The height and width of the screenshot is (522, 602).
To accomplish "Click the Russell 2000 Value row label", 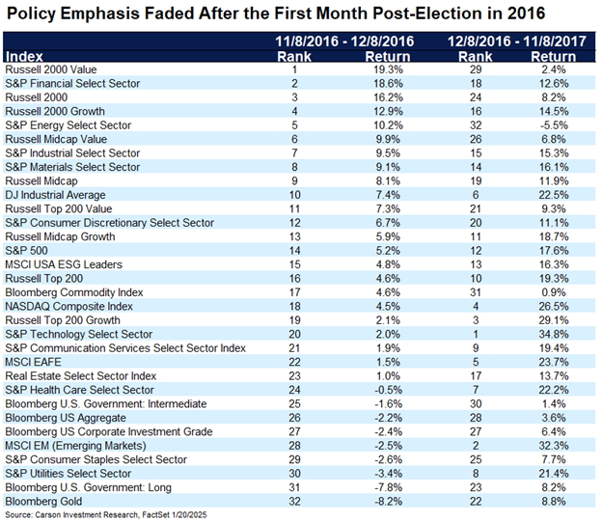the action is pos(51,69).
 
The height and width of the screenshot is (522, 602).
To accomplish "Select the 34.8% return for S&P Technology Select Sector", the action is pos(553,334).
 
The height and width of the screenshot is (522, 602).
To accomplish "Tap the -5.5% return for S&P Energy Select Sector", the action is pos(553,125).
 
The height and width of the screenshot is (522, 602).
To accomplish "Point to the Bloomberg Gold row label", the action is pos(43,502).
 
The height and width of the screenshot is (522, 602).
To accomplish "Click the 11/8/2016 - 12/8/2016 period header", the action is pos(344,41).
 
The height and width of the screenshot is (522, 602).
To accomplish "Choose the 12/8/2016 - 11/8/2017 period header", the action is pos(517,41).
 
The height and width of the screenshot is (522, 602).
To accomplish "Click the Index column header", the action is pos(24,57).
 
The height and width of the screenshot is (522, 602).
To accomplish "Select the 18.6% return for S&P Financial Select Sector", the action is pos(388,83).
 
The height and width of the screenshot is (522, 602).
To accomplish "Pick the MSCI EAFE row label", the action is pos(33,362).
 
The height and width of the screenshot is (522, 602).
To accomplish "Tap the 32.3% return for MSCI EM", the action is pos(553,446).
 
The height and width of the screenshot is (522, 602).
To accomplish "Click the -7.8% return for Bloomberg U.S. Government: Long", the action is pos(388,487).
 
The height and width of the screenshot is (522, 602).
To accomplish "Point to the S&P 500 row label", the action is pos(26,251).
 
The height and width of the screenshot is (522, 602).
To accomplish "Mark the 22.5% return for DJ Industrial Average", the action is pos(553,195).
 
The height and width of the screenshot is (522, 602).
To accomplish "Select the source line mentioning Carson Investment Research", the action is pos(106,514).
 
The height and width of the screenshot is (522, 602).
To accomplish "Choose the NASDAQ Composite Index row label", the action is pos(68,306).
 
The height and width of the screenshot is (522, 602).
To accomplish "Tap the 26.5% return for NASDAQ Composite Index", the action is pos(553,306).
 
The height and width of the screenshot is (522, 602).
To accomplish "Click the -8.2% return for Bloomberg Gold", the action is pos(388,502).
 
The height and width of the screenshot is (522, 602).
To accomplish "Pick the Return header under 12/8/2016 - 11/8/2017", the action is pos(553,57).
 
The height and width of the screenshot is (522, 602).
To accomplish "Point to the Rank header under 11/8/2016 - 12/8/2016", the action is pos(294,57).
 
